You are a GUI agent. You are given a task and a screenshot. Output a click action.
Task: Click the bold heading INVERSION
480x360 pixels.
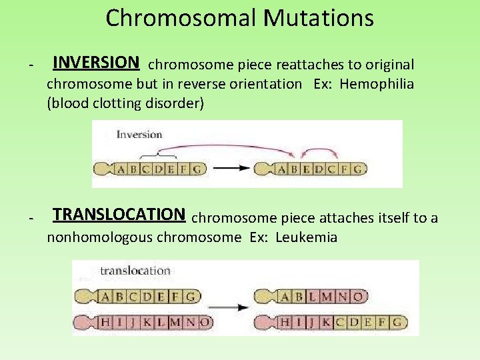(95, 63)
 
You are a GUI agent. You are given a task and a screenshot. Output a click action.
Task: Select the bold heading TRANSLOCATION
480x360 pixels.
(119, 214)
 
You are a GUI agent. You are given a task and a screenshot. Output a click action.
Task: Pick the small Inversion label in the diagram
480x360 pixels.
(139, 134)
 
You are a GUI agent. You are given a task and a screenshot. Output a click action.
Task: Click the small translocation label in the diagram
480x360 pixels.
(135, 271)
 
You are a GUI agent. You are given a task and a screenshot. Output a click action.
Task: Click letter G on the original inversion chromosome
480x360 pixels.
(196, 169)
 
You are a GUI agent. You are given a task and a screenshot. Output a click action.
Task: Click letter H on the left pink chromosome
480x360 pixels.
(105, 323)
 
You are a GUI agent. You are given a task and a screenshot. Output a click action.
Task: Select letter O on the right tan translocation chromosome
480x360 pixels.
(358, 296)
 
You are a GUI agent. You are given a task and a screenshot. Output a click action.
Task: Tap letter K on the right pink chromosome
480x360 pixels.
(329, 323)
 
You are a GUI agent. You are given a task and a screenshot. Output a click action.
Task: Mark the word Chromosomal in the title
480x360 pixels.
(181, 18)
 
